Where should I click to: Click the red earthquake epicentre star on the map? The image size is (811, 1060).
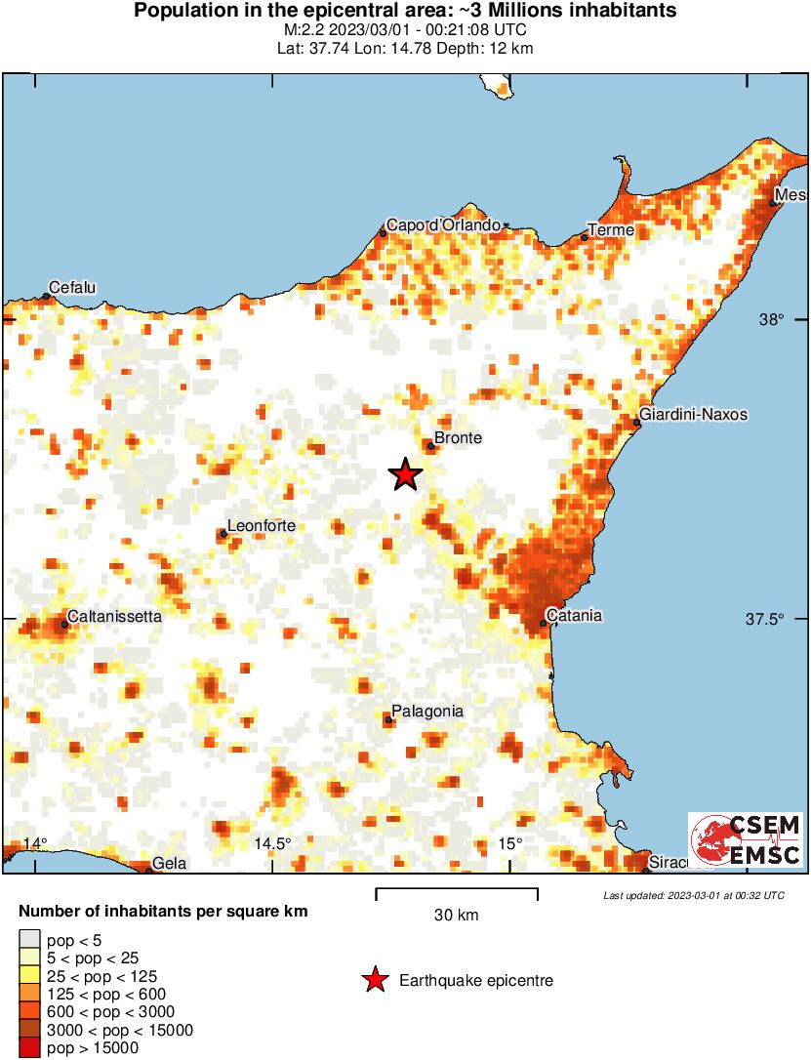405,475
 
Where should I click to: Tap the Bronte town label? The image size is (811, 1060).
458,438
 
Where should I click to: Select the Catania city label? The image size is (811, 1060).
574,616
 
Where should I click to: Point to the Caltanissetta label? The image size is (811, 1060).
114,617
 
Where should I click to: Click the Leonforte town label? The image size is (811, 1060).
261,527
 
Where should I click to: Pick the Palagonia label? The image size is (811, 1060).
427,712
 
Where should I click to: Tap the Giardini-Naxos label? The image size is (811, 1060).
695,415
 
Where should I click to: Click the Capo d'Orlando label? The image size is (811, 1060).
444,225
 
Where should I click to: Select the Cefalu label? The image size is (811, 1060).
73,288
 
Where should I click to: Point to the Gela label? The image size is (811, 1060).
169,864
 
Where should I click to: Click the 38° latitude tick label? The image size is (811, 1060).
772,320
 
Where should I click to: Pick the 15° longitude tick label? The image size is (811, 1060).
510,843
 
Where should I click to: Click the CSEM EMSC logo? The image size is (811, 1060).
746,840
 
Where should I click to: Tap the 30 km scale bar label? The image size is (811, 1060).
456,916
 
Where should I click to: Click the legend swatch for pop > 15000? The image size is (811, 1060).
30,1049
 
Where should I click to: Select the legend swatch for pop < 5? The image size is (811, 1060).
30,939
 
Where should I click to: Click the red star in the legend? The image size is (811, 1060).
375,981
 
